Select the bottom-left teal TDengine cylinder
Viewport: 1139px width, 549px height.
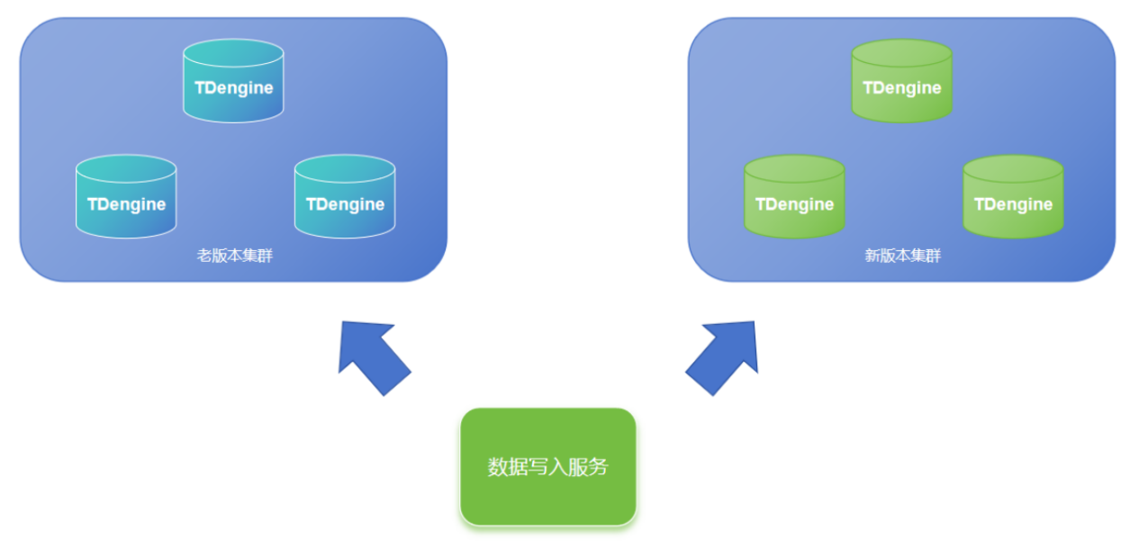point(126,197)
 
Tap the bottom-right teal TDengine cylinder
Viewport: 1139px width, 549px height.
point(345,197)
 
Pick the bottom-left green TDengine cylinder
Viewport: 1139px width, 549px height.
point(794,197)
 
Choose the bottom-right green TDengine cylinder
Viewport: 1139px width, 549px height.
point(1013,197)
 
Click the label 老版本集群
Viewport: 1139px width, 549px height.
point(235,256)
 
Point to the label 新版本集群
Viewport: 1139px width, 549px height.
point(903,256)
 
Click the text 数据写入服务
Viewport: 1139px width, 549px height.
point(547,467)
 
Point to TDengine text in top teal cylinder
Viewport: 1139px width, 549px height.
point(233,88)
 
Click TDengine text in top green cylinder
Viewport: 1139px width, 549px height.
point(901,88)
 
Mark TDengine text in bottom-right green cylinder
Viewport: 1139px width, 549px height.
point(1013,204)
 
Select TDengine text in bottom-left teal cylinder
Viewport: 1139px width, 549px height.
point(126,204)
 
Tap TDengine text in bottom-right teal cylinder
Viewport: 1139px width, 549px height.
point(345,204)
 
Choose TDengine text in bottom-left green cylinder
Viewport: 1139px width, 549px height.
point(794,204)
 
